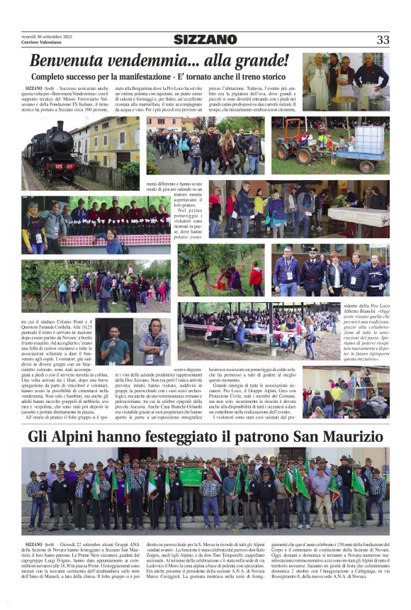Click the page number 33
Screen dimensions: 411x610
point(383,40)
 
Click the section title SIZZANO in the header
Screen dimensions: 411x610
point(205,40)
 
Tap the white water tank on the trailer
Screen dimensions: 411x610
point(370,139)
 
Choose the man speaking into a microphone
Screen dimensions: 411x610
point(114,347)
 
